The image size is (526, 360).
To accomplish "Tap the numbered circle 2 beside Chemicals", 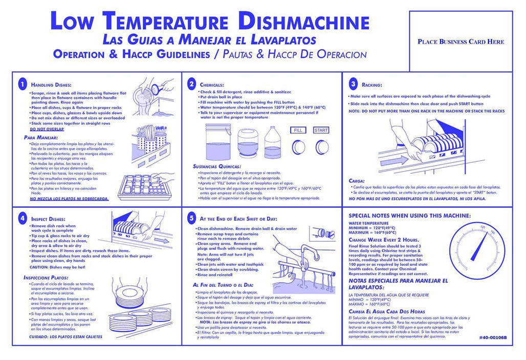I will point(192,84).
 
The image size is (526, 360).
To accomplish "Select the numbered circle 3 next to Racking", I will point(353,83).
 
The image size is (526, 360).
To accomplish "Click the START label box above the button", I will point(321,131).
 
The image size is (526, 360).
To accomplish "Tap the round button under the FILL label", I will point(299,148).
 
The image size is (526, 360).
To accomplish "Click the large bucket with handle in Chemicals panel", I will point(218,141).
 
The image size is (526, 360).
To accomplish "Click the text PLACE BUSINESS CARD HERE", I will point(461,42).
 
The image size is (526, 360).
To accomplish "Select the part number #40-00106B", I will point(492,338).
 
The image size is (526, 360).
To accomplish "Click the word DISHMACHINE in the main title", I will point(304,23).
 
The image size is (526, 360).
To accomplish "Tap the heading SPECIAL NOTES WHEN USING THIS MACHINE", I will point(409,216).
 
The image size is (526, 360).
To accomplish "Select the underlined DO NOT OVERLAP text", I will point(44,129).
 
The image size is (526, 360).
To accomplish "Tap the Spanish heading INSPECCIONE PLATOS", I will point(47,278).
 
